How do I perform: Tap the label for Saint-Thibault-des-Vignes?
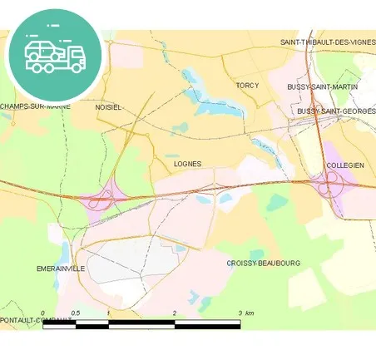pos(327,42)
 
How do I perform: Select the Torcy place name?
pos(247,86)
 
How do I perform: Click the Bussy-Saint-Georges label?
pos(336,111)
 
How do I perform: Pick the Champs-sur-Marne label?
pos(35,106)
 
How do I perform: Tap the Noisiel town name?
pos(109,107)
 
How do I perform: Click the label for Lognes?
pos(187,165)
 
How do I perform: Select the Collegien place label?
pos(345,165)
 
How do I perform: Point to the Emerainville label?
pos(61,269)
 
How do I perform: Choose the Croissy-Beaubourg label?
pos(264,263)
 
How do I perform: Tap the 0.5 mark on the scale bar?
pos(76,313)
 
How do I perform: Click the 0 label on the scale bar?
pos(42,313)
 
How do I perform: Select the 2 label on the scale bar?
pos(175,313)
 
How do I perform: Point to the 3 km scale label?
pos(245,313)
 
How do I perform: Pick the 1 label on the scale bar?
pos(109,313)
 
